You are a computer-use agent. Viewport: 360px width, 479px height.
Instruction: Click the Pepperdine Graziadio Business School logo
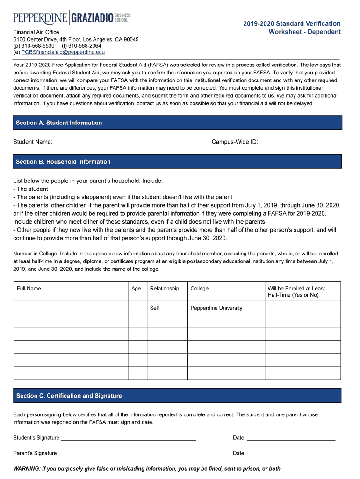click(72, 18)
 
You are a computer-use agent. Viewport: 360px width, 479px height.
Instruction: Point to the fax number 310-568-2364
click(85, 46)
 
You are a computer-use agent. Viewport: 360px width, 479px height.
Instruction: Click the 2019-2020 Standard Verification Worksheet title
click(304, 28)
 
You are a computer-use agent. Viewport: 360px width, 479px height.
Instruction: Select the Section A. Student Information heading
click(59, 123)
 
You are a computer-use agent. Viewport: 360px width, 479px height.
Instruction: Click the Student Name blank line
click(118, 142)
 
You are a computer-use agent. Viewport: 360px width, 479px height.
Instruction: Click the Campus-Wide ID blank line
click(295, 142)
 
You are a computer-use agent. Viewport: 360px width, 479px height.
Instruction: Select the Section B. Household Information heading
click(63, 162)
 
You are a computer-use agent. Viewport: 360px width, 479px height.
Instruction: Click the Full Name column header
click(29, 289)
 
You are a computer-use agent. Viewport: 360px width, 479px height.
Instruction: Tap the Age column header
click(136, 289)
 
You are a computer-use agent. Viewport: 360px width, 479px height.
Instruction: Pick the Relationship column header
click(164, 289)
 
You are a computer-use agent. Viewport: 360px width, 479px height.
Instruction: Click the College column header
click(200, 289)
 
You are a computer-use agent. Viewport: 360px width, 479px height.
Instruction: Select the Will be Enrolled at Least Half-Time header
click(296, 291)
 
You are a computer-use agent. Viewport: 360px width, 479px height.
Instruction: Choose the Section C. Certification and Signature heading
click(69, 396)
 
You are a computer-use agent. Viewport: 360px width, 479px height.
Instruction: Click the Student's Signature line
click(129, 438)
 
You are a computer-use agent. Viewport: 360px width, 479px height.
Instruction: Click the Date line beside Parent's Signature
click(291, 454)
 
